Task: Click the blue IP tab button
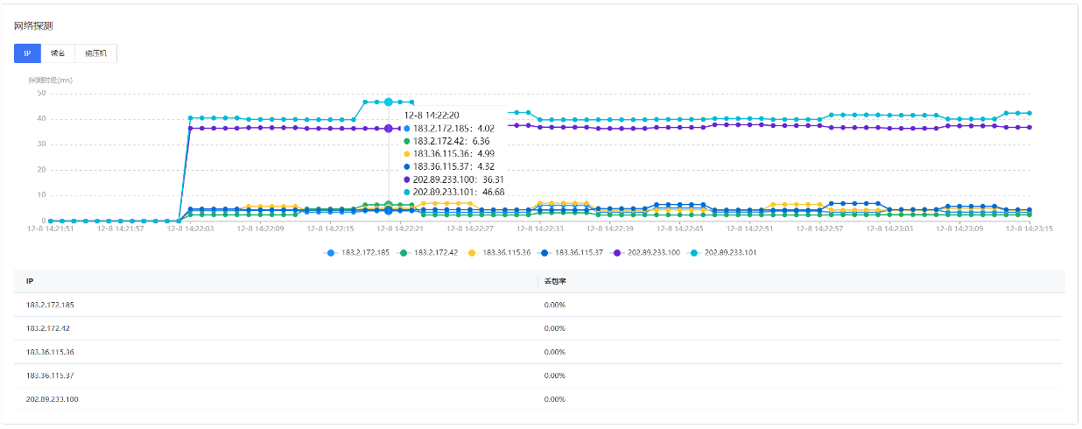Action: [27, 53]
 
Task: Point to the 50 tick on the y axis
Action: [41, 93]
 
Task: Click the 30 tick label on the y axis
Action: [41, 144]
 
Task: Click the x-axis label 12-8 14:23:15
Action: [1030, 229]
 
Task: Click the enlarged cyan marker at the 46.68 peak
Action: [389, 102]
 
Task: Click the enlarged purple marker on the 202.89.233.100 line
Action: [389, 129]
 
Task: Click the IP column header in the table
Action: [30, 281]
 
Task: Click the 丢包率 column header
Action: [552, 281]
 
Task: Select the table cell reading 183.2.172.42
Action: [48, 328]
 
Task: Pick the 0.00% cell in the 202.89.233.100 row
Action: [555, 399]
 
